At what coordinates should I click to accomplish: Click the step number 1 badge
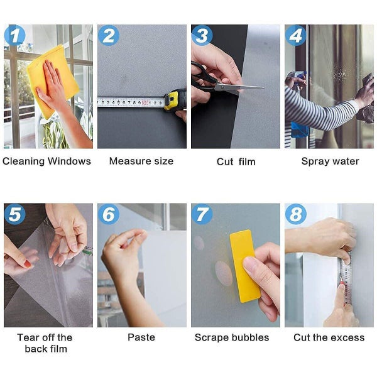click(14, 36)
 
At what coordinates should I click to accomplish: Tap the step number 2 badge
click(108, 36)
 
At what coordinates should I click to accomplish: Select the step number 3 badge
click(202, 36)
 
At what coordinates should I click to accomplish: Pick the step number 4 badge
click(295, 36)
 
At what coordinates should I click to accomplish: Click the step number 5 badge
click(14, 215)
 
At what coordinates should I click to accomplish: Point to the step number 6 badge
click(108, 215)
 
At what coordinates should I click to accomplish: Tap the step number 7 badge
click(202, 215)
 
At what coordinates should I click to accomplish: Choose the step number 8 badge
click(295, 215)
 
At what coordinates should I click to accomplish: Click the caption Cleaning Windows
click(47, 161)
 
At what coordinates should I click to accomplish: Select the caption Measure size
click(141, 161)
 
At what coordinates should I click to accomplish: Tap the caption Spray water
click(330, 161)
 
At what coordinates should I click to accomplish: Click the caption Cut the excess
click(329, 338)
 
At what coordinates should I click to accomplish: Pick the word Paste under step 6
click(141, 338)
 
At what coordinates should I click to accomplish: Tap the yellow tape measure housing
click(175, 100)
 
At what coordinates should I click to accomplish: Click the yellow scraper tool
click(245, 265)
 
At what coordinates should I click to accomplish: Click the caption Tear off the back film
click(45, 343)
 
